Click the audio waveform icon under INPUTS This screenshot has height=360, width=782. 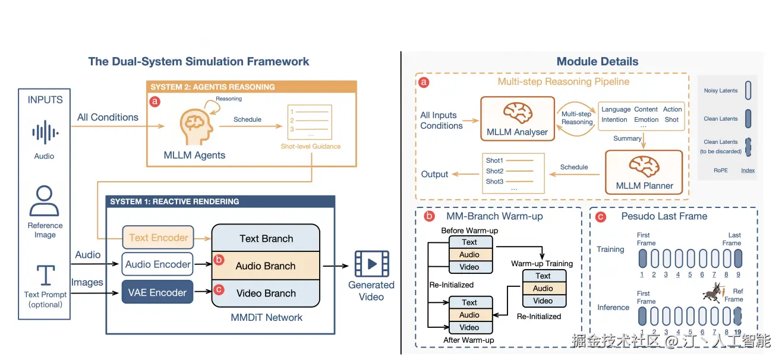point(44,132)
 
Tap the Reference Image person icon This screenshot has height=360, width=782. point(45,201)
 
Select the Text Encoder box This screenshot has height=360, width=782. point(158,238)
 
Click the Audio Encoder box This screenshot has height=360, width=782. point(158,264)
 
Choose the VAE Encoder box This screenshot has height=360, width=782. point(157,292)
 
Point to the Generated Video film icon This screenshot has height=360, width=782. point(371,263)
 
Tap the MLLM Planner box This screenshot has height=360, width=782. point(645,172)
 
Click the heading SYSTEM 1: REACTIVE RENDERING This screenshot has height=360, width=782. point(175,201)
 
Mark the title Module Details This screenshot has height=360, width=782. point(597,61)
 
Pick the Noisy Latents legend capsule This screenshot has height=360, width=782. point(748,90)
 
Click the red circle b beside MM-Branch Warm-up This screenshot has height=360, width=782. point(428,216)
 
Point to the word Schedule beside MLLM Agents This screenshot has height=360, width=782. point(247,119)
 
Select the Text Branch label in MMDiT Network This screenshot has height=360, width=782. point(266,239)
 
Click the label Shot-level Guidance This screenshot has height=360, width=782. point(311,146)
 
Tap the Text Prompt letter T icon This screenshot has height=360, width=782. point(45,275)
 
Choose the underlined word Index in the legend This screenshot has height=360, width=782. point(748,170)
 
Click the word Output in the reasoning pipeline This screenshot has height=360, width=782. point(434,174)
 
